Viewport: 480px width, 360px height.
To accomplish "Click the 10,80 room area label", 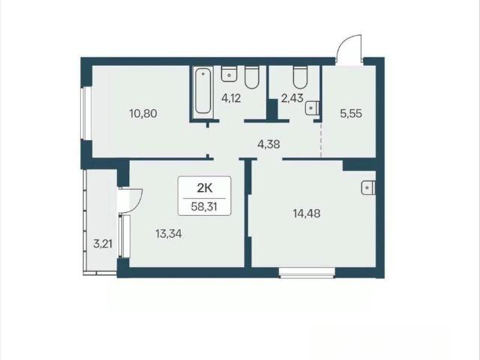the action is coord(143,114).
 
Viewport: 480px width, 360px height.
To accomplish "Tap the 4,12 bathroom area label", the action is coord(231,98).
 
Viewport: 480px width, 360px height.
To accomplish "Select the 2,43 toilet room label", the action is coord(292,98).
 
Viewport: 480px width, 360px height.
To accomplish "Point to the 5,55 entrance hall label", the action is coord(351,113).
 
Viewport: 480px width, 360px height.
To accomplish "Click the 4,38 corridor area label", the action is coord(268,144).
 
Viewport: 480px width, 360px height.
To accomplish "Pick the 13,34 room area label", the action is coord(169,234).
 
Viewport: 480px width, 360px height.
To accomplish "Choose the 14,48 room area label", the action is coord(307,213).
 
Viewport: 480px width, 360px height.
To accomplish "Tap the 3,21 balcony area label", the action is coord(103,244).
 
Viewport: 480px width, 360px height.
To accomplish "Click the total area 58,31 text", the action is coord(204,207).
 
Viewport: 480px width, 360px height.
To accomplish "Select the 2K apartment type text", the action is coord(205,188).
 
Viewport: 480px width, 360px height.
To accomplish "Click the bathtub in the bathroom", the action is coord(203,91).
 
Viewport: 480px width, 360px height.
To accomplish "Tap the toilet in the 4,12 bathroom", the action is coord(252,78).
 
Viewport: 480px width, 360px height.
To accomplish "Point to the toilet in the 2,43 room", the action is coord(300,77).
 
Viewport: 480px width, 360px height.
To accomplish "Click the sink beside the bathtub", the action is coord(229,73).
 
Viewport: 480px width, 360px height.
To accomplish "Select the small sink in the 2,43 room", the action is coord(312,108).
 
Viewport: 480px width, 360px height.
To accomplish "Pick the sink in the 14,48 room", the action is coord(368,187).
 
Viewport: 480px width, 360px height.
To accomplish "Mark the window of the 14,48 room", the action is coord(307,273).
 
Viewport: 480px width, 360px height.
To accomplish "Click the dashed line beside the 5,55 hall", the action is coord(321,139).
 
